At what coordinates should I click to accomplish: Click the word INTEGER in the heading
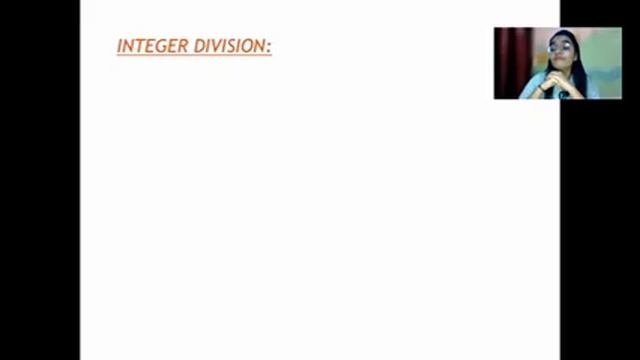[153, 46]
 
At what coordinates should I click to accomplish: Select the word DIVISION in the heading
[230, 46]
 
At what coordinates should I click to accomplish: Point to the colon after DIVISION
[269, 48]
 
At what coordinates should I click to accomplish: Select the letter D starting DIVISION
[200, 46]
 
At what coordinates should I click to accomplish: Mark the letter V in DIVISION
[217, 46]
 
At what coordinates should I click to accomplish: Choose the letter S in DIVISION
[232, 46]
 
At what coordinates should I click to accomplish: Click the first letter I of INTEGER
[120, 46]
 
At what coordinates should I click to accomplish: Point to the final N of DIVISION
[260, 46]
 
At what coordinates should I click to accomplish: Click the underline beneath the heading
[194, 54]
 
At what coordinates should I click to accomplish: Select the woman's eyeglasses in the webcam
[558, 49]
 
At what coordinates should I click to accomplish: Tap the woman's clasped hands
[556, 79]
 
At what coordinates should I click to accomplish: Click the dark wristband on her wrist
[541, 87]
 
